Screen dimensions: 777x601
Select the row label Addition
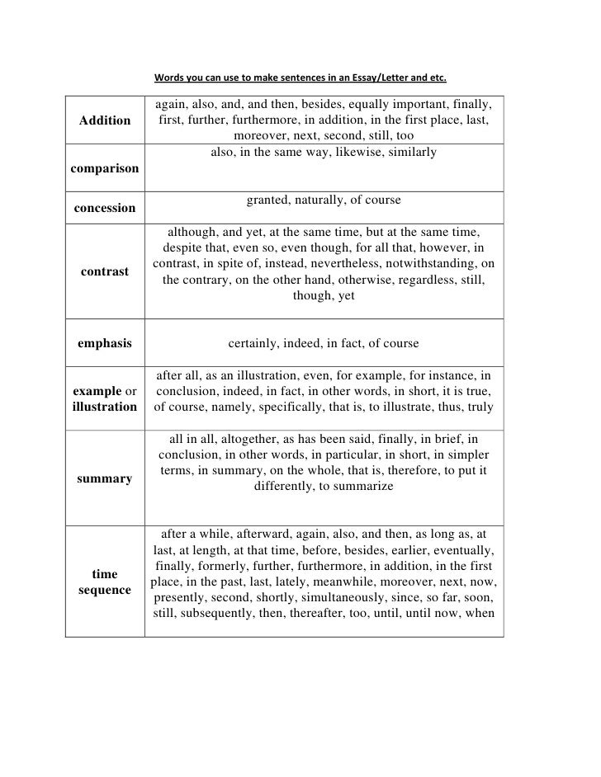pos(105,120)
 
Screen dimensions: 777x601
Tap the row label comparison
pos(105,168)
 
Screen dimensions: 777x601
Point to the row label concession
pos(105,208)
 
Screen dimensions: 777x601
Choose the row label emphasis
pos(105,343)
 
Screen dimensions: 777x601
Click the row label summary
pos(105,478)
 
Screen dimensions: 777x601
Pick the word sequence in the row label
pos(105,591)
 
